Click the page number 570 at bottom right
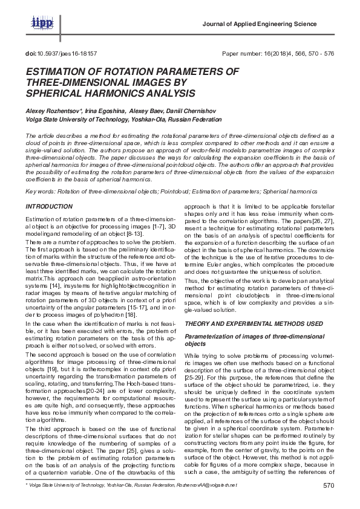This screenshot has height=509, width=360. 329,486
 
